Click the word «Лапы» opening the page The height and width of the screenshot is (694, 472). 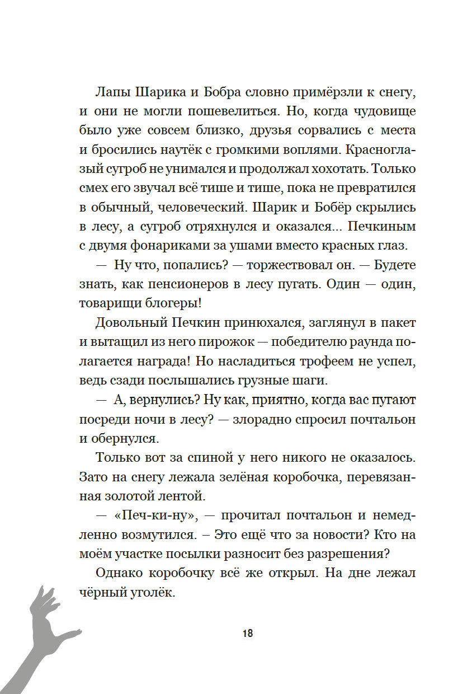(110, 91)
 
